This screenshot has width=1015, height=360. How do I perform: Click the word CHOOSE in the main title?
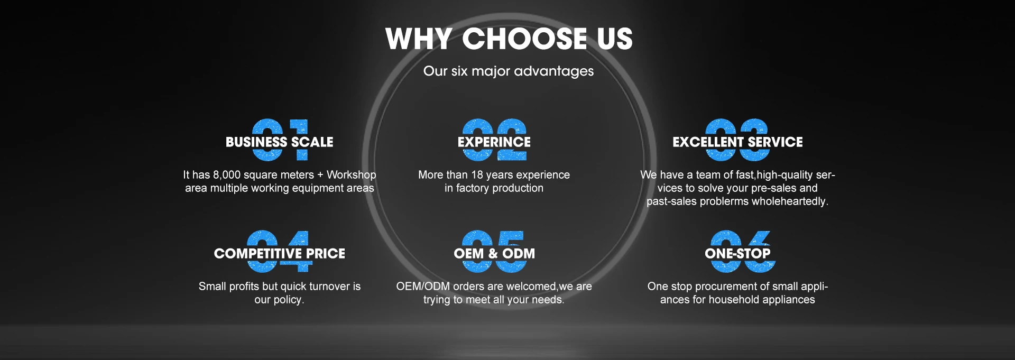(524, 39)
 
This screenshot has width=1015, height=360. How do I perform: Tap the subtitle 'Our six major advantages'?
(509, 71)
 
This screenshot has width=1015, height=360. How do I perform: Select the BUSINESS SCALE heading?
(280, 142)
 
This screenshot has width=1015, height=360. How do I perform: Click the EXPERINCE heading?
(494, 142)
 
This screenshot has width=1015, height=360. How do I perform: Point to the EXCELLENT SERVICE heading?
(737, 142)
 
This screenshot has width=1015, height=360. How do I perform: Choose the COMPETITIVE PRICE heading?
(280, 254)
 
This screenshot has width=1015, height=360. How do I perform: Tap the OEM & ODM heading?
(494, 254)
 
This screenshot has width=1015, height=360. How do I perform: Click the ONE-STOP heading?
(737, 254)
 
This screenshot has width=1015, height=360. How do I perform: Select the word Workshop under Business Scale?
(352, 175)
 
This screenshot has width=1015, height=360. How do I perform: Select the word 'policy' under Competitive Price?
(288, 300)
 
